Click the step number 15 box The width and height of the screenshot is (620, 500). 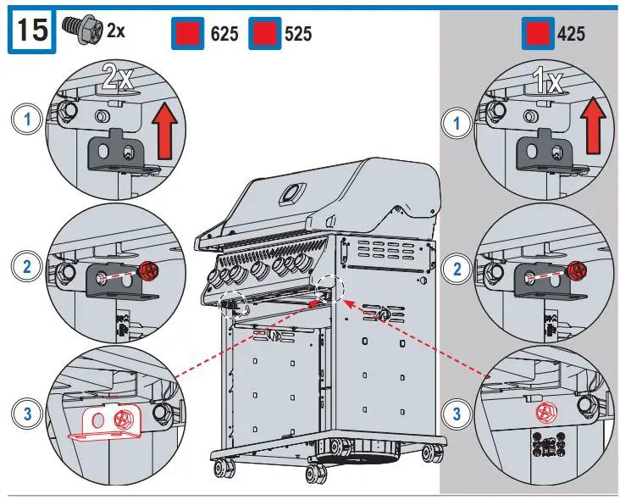tap(31, 32)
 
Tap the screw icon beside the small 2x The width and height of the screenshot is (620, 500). tap(86, 30)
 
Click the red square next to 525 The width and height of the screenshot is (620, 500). tap(263, 34)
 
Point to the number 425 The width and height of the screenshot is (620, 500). tap(570, 34)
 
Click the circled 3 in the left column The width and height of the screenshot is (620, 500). tap(30, 414)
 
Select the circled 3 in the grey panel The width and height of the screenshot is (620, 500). tap(458, 414)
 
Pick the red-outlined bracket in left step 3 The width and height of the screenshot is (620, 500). tap(106, 421)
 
